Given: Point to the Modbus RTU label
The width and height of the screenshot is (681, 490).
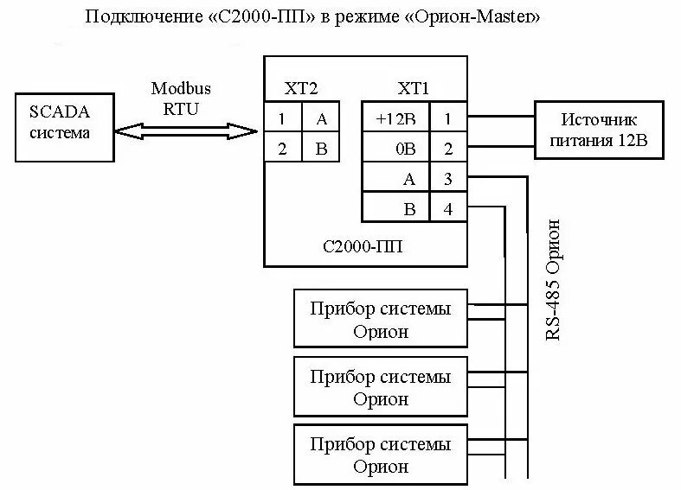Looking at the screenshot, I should (181, 98).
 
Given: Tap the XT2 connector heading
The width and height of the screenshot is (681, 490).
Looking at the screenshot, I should (300, 88).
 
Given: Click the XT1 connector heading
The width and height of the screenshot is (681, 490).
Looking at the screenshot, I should (414, 88).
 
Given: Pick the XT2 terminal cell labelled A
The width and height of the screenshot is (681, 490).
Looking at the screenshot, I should (320, 118).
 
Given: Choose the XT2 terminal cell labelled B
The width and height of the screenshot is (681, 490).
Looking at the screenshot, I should (320, 149).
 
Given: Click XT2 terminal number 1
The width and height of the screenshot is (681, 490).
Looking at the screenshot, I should (282, 118).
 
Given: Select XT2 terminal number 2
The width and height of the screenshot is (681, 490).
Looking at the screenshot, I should (282, 149).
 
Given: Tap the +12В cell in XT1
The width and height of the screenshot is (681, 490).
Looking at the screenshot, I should (395, 118).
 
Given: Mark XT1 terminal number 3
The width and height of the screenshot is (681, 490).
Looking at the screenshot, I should (447, 179).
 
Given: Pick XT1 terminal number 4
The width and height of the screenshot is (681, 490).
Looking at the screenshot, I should (447, 208).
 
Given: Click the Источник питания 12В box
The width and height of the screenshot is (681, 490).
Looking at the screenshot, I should (598, 130).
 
